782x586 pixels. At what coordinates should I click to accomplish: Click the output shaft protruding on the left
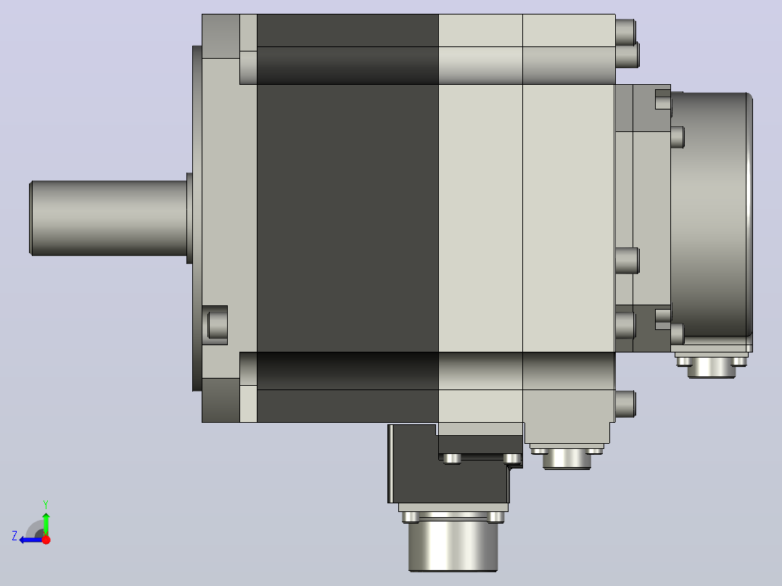pos(109,218)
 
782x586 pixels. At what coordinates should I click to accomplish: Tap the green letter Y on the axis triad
pos(46,504)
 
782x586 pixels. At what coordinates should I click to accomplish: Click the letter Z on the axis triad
pos(15,536)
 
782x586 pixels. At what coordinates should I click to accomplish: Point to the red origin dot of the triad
pos(46,540)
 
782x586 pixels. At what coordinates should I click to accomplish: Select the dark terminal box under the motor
pos(449,464)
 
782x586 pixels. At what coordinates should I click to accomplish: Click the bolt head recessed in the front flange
pos(218,325)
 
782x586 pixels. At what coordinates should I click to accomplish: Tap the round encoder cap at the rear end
pos(712,215)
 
